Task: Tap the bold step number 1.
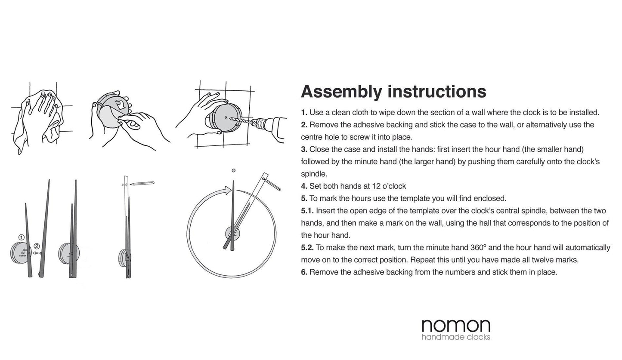(304, 113)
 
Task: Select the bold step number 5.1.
(307, 211)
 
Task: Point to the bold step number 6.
(304, 272)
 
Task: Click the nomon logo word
(456, 326)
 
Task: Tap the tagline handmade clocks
(456, 337)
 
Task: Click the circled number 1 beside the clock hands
(22, 237)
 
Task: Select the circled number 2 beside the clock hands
(37, 246)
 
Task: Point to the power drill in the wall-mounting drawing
(269, 124)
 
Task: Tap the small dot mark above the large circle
(233, 171)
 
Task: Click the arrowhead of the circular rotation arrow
(227, 191)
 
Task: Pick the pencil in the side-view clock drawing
(142, 184)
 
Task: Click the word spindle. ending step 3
(314, 174)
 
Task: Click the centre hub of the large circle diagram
(232, 234)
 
